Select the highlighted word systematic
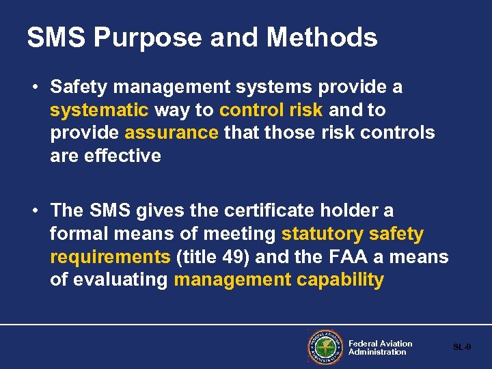click(99, 110)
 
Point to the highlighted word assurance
click(171, 133)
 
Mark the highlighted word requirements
click(110, 257)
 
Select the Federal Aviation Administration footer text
click(380, 347)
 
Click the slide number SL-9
click(462, 347)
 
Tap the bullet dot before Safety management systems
click(33, 87)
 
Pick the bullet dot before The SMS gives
click(33, 211)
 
